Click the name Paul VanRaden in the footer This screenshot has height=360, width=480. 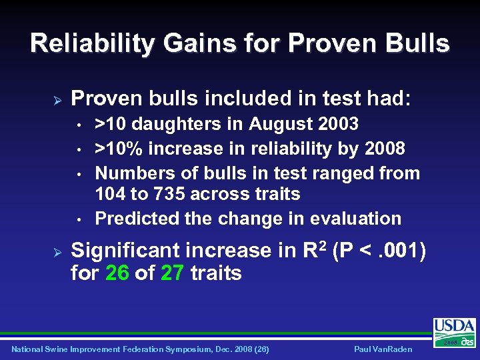click(384, 349)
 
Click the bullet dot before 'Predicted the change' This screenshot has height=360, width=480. click(79, 219)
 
